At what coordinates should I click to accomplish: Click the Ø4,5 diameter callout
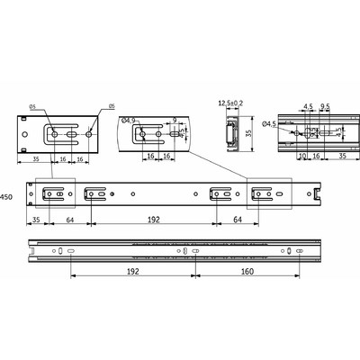pyautogui.click(x=268, y=125)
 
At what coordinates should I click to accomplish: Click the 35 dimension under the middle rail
pyautogui.click(x=36, y=218)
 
